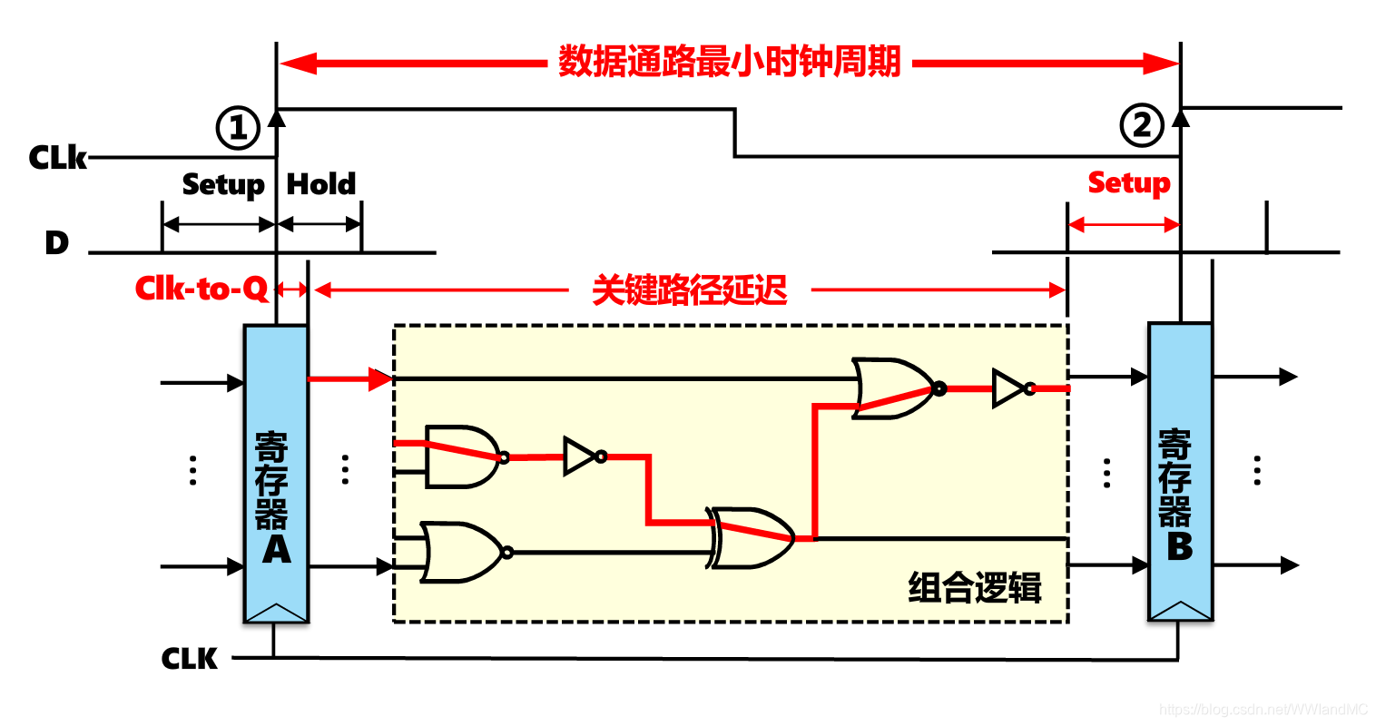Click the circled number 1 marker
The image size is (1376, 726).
click(238, 128)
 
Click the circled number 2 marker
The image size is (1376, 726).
click(1142, 125)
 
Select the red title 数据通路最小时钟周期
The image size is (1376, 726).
click(729, 63)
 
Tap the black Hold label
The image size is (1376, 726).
click(321, 184)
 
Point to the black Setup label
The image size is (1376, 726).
click(222, 184)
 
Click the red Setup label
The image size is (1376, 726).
click(1129, 182)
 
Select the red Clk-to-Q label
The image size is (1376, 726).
click(201, 289)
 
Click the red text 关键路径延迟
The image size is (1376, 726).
click(690, 290)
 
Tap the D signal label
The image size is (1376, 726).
click(56, 243)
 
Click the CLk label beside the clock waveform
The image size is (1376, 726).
click(57, 158)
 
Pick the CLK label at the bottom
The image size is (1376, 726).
click(190, 658)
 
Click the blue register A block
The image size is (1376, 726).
click(276, 472)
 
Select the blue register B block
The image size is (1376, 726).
click(1180, 472)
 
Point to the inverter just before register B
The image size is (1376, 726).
click(1011, 388)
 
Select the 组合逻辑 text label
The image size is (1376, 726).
click(975, 588)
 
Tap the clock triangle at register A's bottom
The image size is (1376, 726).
click(276, 613)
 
